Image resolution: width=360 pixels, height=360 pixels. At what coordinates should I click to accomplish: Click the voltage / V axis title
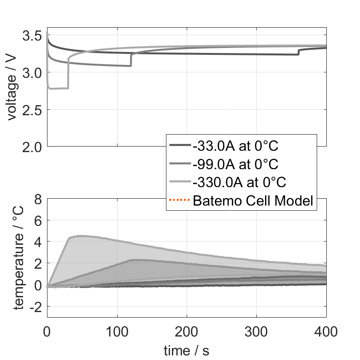[12, 88]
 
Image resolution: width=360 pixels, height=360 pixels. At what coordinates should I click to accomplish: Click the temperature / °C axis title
[18, 256]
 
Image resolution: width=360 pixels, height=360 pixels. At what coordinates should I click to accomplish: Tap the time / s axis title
[186, 351]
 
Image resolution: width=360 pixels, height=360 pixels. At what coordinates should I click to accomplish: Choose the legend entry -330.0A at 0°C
[240, 182]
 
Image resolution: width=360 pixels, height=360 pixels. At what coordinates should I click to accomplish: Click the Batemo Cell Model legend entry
[254, 201]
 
